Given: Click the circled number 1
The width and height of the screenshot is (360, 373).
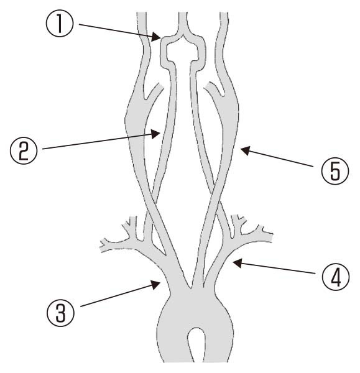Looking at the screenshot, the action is click(60, 24).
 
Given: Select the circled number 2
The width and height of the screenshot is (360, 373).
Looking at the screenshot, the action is click(24, 151).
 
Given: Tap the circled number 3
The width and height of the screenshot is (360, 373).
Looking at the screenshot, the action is click(60, 312).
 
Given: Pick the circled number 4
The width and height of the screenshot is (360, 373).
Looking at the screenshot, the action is click(336, 276).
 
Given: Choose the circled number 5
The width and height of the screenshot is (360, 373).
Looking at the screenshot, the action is click(335, 170).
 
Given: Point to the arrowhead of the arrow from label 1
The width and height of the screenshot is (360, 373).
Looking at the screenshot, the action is click(156, 37).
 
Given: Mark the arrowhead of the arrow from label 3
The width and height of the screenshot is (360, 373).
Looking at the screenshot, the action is click(155, 284).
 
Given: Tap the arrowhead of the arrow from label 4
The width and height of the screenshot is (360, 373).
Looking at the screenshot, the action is click(238, 264).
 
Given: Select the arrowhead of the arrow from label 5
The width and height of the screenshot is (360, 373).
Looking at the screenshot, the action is click(246, 150).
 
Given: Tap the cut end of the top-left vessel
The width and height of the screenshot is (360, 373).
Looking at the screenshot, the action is click(142, 12).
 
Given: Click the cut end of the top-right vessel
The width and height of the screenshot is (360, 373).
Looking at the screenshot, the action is click(224, 12).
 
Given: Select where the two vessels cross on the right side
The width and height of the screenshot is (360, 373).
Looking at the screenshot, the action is click(216, 195).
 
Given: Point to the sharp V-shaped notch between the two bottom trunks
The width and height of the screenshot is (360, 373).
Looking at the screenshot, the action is click(190, 288).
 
